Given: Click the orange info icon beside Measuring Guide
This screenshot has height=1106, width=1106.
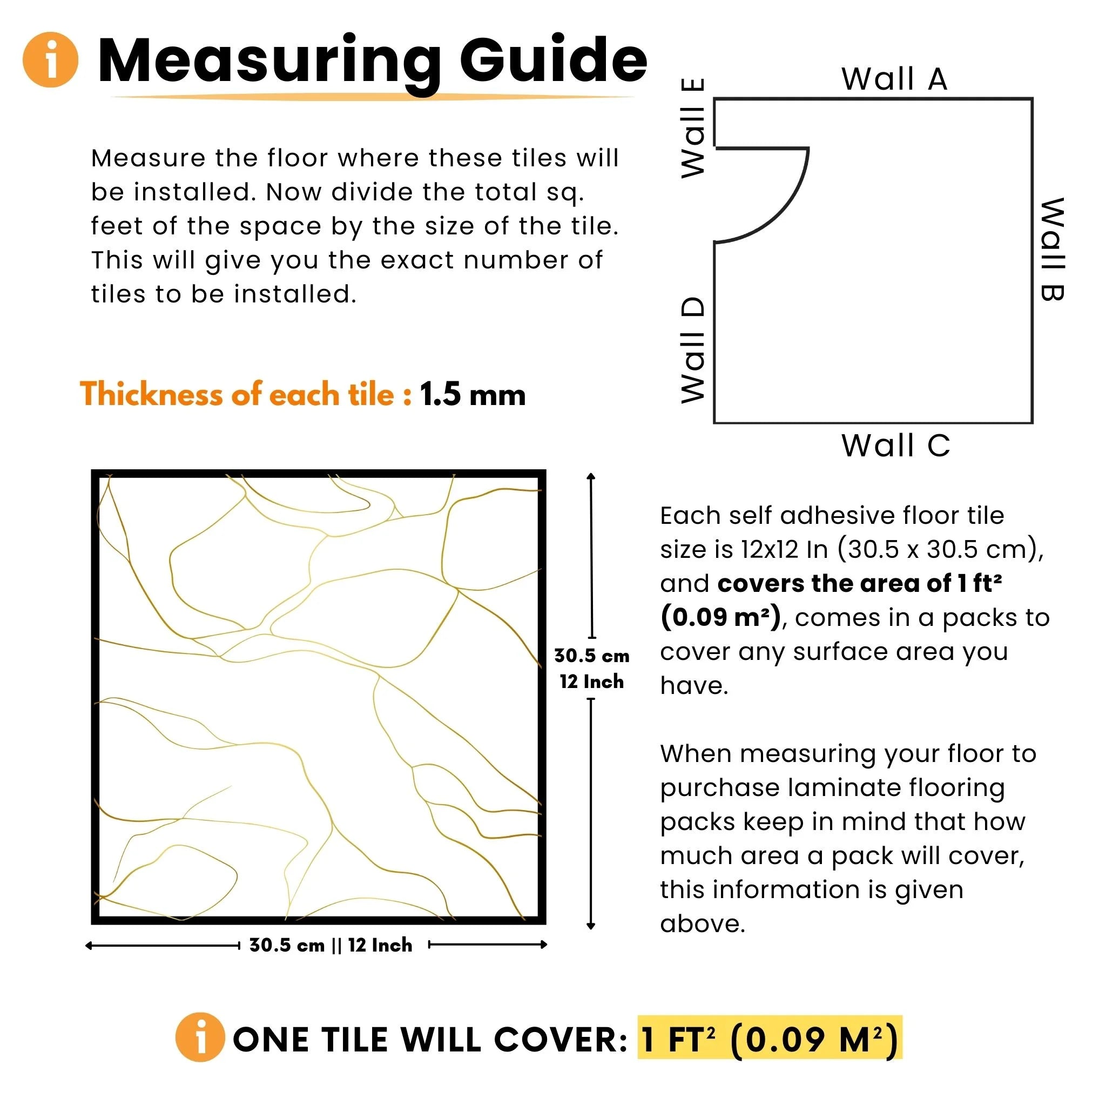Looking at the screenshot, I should (50, 59).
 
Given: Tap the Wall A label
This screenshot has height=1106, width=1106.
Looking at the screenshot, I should (894, 79).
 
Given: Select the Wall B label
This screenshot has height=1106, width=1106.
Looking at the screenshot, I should (1052, 249).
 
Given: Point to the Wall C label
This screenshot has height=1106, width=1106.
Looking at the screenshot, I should (895, 446).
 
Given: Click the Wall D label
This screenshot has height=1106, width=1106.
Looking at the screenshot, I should (693, 350).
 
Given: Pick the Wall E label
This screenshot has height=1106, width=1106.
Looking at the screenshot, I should (693, 128).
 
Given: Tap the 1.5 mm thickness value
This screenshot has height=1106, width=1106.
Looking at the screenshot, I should (473, 394).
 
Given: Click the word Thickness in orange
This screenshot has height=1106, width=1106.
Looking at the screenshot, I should (150, 394).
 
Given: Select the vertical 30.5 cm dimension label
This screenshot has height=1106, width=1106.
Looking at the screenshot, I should (591, 656).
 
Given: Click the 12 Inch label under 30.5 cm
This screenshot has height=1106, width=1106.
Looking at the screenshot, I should (591, 682).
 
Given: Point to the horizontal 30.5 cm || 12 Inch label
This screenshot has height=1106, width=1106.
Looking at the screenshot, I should (331, 945).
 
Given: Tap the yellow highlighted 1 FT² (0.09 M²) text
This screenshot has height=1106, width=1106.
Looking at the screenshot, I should (770, 1038).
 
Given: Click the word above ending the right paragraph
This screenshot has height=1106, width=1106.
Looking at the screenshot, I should (702, 924).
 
